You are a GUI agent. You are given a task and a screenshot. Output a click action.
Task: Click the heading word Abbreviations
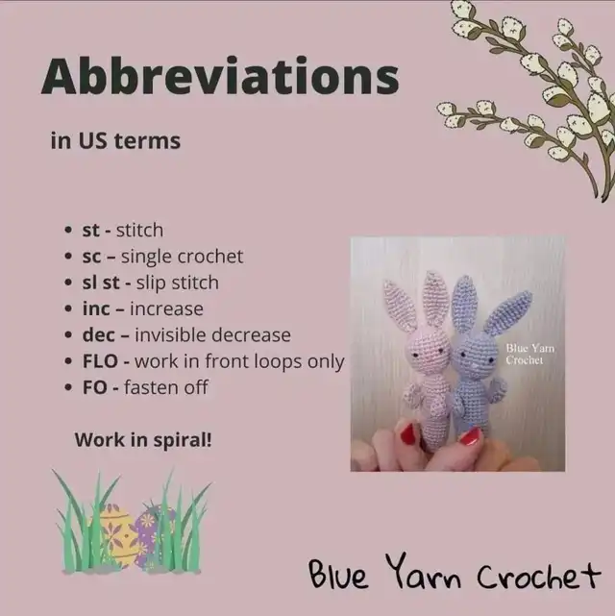coord(220,76)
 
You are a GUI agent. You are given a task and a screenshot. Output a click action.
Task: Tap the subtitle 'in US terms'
coord(115,140)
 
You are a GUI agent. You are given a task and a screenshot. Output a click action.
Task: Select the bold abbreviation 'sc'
coord(91,257)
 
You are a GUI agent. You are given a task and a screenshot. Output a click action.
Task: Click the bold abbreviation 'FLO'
coord(100,361)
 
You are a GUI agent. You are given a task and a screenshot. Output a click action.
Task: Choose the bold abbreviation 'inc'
coord(96,308)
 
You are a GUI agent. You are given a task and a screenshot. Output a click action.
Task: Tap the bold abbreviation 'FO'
coord(94,387)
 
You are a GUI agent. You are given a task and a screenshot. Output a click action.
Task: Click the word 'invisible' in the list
coord(171,335)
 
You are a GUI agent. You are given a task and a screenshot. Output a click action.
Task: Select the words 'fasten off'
coord(165,387)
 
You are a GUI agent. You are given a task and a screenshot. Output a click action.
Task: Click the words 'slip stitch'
coord(178,283)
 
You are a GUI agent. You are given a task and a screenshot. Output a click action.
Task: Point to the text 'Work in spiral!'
coord(143,440)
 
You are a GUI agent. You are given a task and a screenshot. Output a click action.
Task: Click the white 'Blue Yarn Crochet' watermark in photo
coord(529,354)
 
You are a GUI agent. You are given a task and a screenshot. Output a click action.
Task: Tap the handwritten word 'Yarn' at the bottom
coord(424,572)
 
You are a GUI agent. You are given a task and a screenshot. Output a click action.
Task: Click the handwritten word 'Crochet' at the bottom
coord(539,575)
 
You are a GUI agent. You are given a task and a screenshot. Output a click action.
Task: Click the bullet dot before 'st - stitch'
coord(68,231)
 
